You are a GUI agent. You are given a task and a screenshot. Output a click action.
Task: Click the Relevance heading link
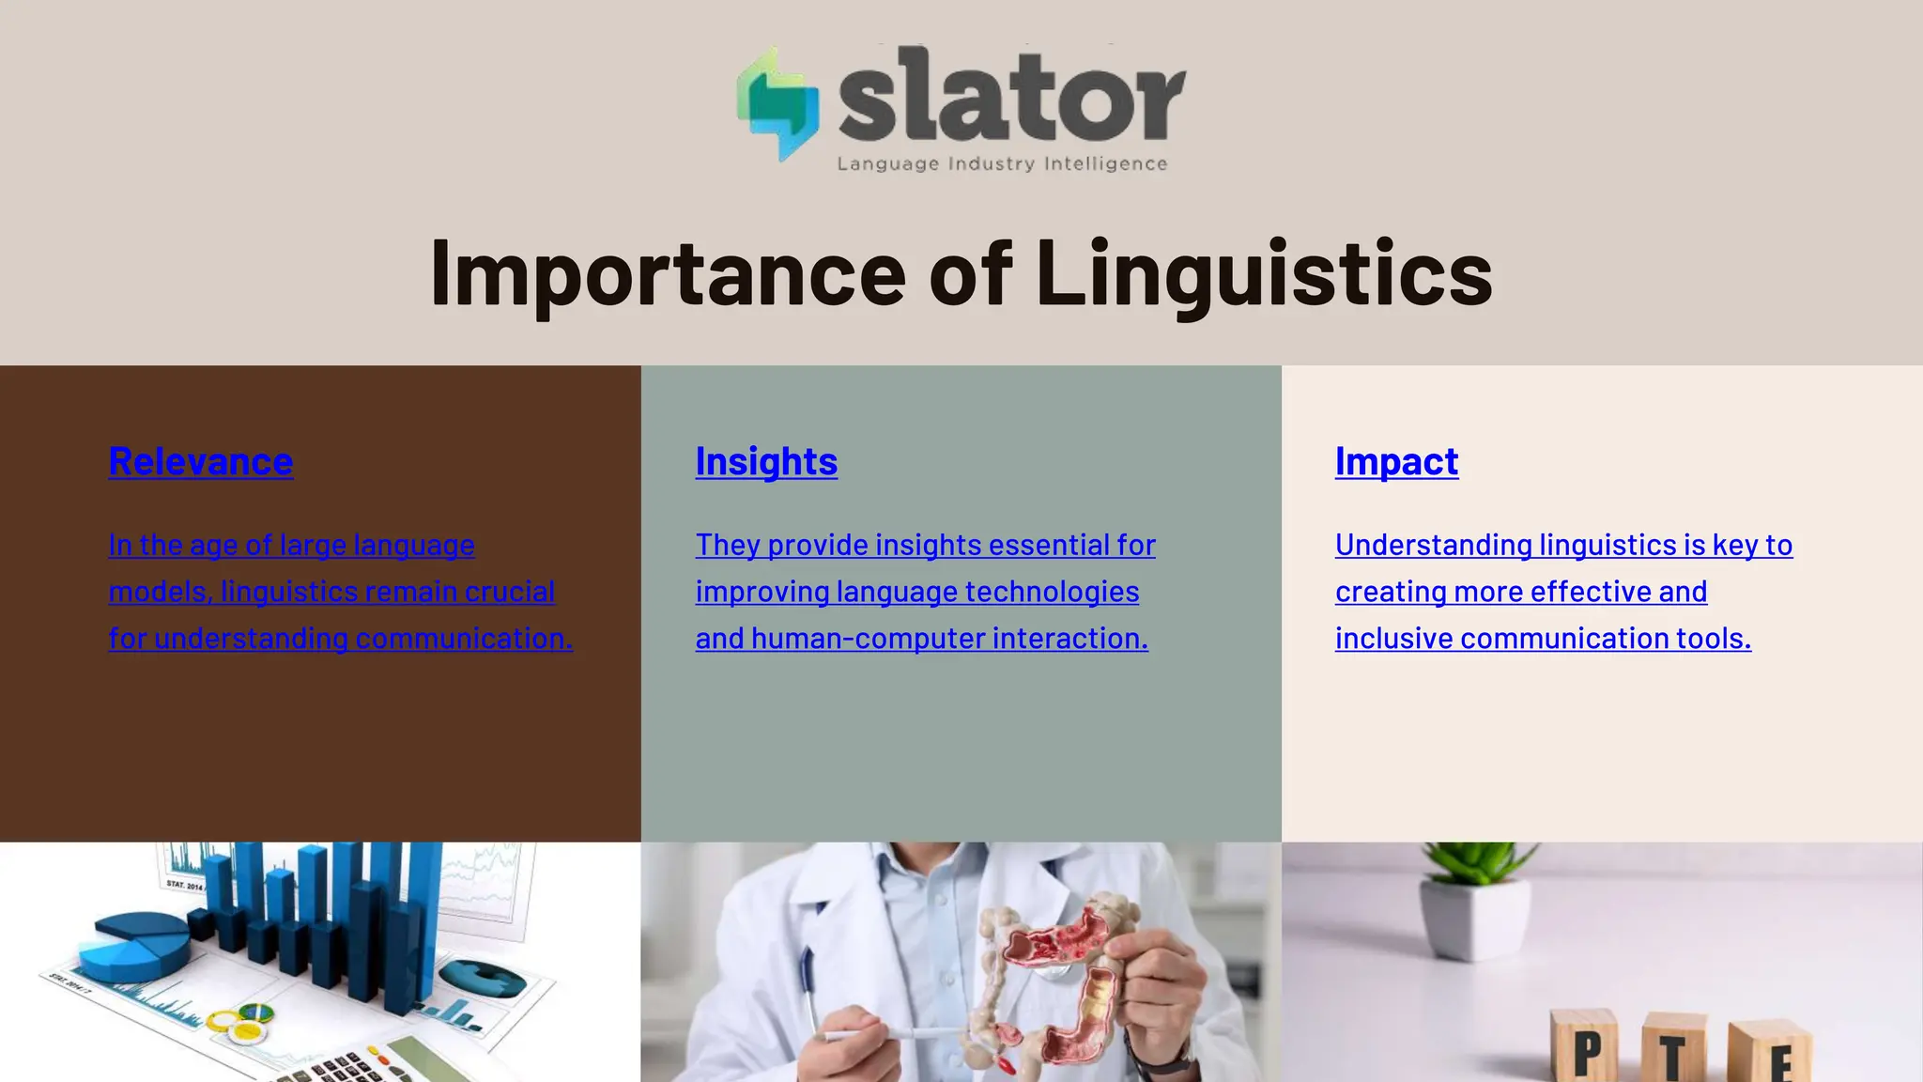pos(201,461)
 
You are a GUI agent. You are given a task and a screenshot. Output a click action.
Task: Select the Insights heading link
pos(766,461)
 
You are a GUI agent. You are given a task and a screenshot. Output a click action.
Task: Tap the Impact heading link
pos(1396,461)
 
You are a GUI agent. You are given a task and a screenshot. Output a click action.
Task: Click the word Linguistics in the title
pos(1264,273)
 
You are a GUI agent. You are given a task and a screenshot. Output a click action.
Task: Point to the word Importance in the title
pos(667,273)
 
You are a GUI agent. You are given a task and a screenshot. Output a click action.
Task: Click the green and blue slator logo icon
pos(777,103)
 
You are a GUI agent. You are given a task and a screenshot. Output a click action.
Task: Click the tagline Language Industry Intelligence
pos(1002,164)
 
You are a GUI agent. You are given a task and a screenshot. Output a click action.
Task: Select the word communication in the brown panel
pos(463,639)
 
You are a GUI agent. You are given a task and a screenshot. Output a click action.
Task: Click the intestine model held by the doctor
pos(1052,977)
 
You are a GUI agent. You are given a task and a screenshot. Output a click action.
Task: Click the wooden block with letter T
pos(1673,1052)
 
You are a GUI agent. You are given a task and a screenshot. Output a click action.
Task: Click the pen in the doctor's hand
pos(892,1033)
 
